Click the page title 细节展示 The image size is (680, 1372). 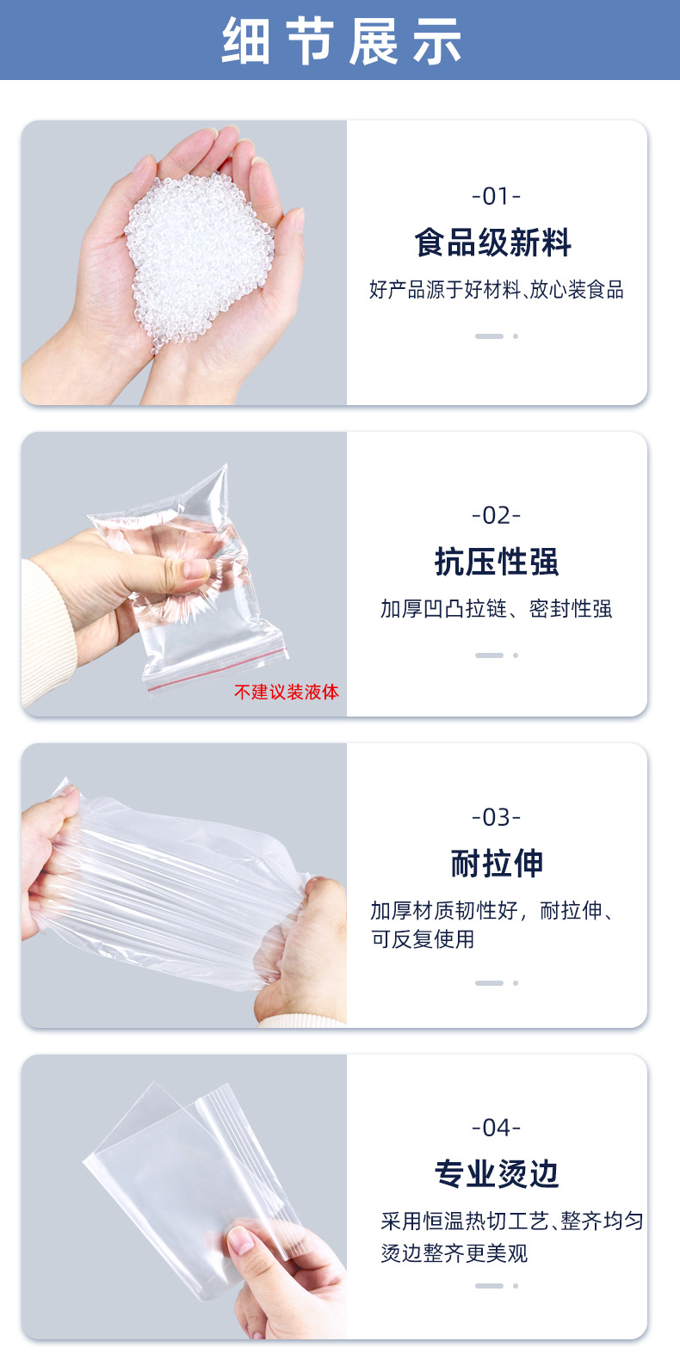[341, 40]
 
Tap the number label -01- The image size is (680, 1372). [496, 197]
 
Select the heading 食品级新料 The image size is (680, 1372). [493, 243]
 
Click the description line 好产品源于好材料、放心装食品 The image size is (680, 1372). [496, 290]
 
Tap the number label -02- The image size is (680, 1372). [496, 516]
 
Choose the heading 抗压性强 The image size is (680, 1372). [496, 562]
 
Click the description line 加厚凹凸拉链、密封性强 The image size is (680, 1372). [496, 609]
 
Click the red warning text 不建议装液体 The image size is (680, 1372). [286, 692]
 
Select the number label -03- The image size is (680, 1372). [496, 817]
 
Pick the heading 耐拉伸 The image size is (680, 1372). [496, 863]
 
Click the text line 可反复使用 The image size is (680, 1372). [423, 939]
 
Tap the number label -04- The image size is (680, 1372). [496, 1128]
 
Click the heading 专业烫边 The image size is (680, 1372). [496, 1173]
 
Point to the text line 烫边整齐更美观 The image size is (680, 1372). [454, 1253]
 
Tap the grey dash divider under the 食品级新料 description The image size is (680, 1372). [489, 336]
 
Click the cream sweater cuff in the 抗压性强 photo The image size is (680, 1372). [47, 628]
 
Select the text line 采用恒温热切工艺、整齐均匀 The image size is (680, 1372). [512, 1221]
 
